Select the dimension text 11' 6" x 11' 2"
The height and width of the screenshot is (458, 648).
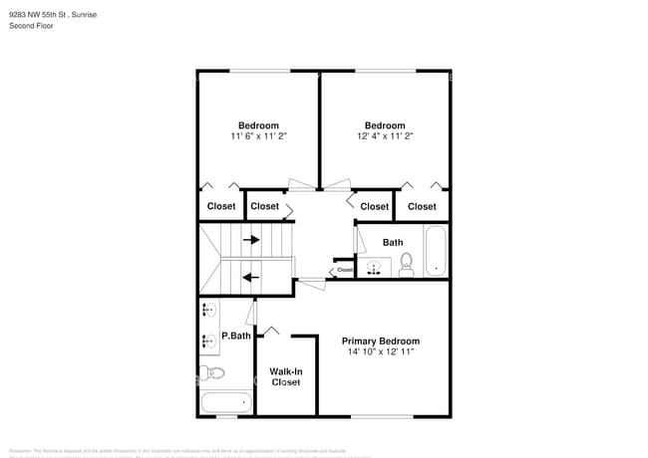click(x=258, y=136)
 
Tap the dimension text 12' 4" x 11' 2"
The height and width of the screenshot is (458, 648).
click(x=385, y=136)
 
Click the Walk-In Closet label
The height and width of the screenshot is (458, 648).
click(x=286, y=376)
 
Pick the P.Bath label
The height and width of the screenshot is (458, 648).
click(x=235, y=336)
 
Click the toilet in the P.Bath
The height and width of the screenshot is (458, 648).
click(x=212, y=373)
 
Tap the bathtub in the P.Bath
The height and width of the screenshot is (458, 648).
click(x=225, y=403)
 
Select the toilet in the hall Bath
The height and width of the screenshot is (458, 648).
click(x=407, y=263)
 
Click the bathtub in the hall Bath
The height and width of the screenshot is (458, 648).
click(x=436, y=252)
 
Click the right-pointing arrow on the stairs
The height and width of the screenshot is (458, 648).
click(x=252, y=239)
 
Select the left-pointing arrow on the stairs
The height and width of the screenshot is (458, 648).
click(x=252, y=278)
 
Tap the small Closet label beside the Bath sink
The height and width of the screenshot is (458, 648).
click(x=345, y=269)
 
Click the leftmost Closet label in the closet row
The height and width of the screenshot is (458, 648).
click(x=221, y=206)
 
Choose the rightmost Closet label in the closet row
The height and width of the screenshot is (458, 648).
click(x=422, y=206)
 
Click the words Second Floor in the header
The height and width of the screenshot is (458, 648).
click(x=31, y=26)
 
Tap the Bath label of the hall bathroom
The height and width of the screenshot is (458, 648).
click(x=393, y=242)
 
